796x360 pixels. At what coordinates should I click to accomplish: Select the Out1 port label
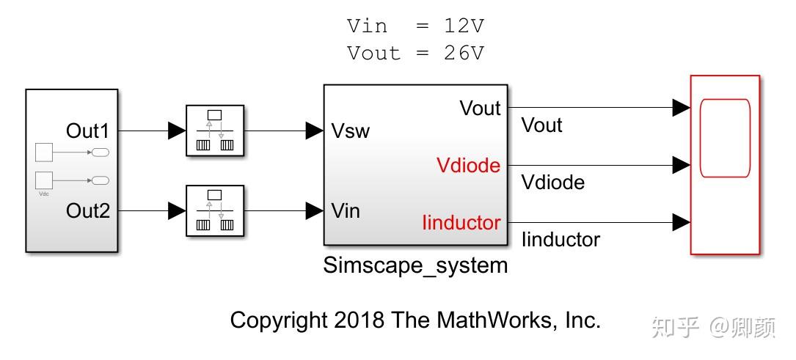87,131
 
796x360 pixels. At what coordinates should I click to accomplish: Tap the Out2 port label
87,211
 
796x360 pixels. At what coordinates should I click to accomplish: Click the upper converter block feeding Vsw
214,131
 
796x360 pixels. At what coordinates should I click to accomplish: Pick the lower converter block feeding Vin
214,211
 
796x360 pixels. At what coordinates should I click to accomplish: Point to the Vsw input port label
351,131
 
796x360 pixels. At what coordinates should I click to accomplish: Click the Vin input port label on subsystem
346,211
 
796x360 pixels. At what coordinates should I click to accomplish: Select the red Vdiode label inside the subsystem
468,166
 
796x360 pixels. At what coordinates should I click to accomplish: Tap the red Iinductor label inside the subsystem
461,222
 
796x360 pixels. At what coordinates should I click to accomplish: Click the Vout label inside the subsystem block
480,109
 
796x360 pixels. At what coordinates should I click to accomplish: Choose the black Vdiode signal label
552,182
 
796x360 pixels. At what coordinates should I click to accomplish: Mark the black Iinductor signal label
560,239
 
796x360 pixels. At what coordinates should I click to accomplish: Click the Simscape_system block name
415,265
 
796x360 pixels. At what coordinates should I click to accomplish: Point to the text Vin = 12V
415,26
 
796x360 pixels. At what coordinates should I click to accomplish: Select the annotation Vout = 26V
415,54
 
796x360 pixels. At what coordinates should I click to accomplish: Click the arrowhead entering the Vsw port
315,131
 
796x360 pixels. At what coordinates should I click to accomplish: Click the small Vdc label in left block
43,194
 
